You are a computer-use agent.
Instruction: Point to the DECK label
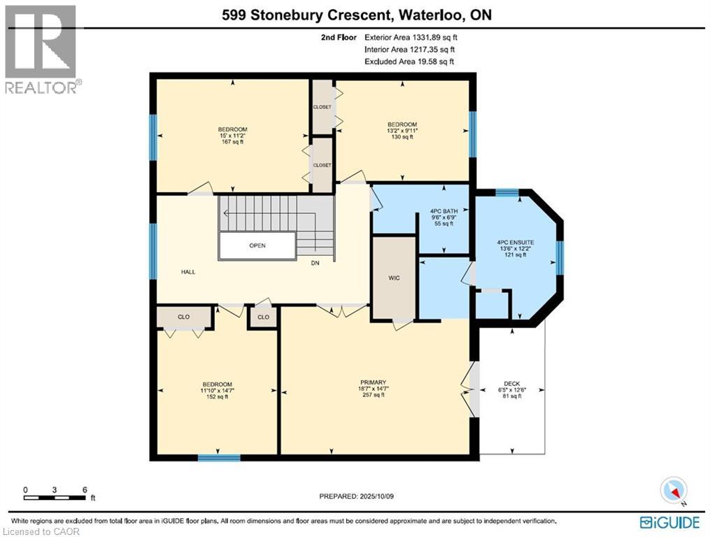pos(511,383)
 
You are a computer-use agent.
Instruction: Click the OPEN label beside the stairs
pos(257,246)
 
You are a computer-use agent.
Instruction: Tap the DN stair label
pos(315,264)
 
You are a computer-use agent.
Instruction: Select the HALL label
pos(169,272)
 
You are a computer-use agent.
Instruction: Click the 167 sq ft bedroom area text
pos(232,143)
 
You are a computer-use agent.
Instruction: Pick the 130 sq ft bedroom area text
pos(402,137)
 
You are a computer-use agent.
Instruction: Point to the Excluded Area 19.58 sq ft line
pos(409,62)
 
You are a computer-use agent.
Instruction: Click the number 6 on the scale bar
pos(85,489)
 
